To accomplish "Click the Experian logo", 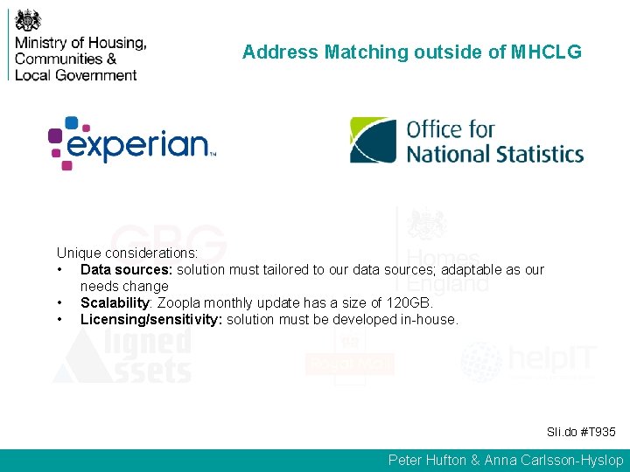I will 131,142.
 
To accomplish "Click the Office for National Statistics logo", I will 466,142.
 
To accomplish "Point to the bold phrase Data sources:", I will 126,269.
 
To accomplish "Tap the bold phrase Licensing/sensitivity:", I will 151,319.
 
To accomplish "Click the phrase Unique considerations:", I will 127,253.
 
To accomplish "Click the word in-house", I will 429,319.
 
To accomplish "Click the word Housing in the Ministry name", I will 117,43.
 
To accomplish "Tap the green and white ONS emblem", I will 373,141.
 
